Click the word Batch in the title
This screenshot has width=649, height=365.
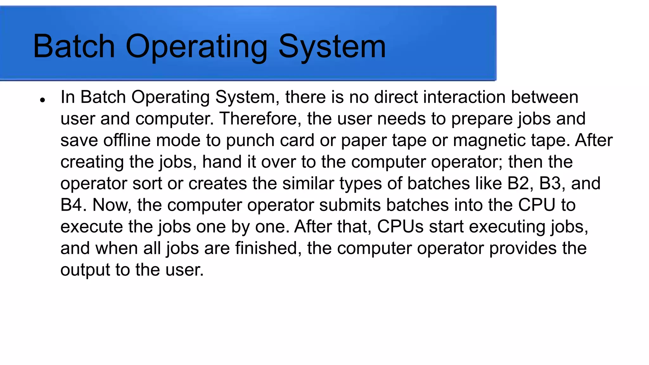[74, 47]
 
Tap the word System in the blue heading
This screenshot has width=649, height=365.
[332, 47]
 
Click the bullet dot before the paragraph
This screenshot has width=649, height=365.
[42, 100]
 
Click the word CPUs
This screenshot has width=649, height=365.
[400, 227]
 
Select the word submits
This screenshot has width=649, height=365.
[350, 205]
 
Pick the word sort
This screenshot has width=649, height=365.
[147, 184]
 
